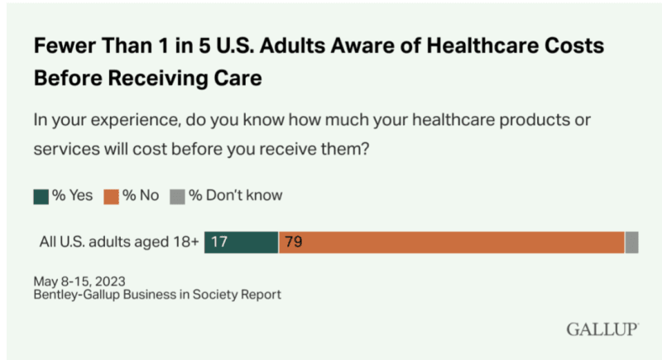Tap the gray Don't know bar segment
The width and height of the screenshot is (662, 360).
pos(631,242)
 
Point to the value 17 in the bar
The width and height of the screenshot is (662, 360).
pos(219,242)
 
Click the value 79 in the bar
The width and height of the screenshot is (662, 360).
pos(293,242)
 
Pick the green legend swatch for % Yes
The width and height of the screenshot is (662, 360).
pos(41,196)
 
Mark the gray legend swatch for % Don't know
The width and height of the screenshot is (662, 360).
pos(175,196)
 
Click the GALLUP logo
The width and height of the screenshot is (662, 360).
pos(602,329)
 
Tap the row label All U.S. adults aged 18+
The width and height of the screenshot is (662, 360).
pos(119,242)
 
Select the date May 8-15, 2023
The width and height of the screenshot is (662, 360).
pos(79,280)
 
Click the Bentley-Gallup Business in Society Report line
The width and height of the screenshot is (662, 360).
pos(157,294)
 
